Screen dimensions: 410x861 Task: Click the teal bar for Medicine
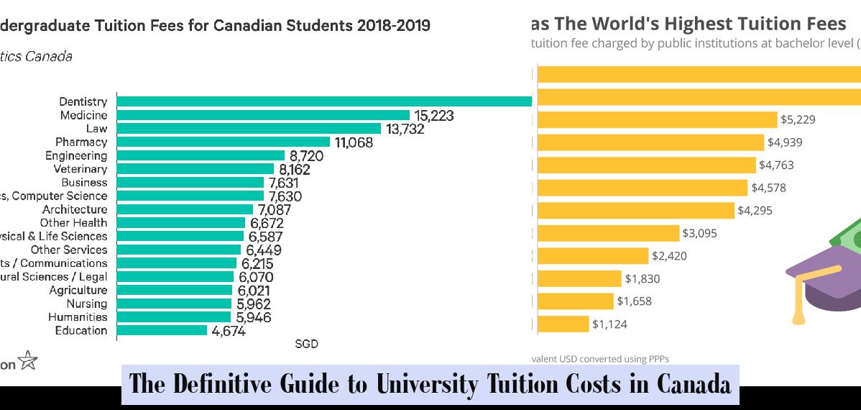[x=263, y=115]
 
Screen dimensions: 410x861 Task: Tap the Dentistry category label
[x=83, y=102]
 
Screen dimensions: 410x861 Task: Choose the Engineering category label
[x=76, y=155]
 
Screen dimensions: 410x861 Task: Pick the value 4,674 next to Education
[x=229, y=332]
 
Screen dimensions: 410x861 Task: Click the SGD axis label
[x=306, y=345]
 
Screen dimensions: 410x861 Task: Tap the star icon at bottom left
[x=28, y=360]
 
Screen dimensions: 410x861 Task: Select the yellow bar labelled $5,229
[x=657, y=119]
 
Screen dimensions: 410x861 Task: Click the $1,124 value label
[x=609, y=324]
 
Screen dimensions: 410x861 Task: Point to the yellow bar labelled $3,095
[x=608, y=233]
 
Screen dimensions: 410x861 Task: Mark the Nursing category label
[x=87, y=304]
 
